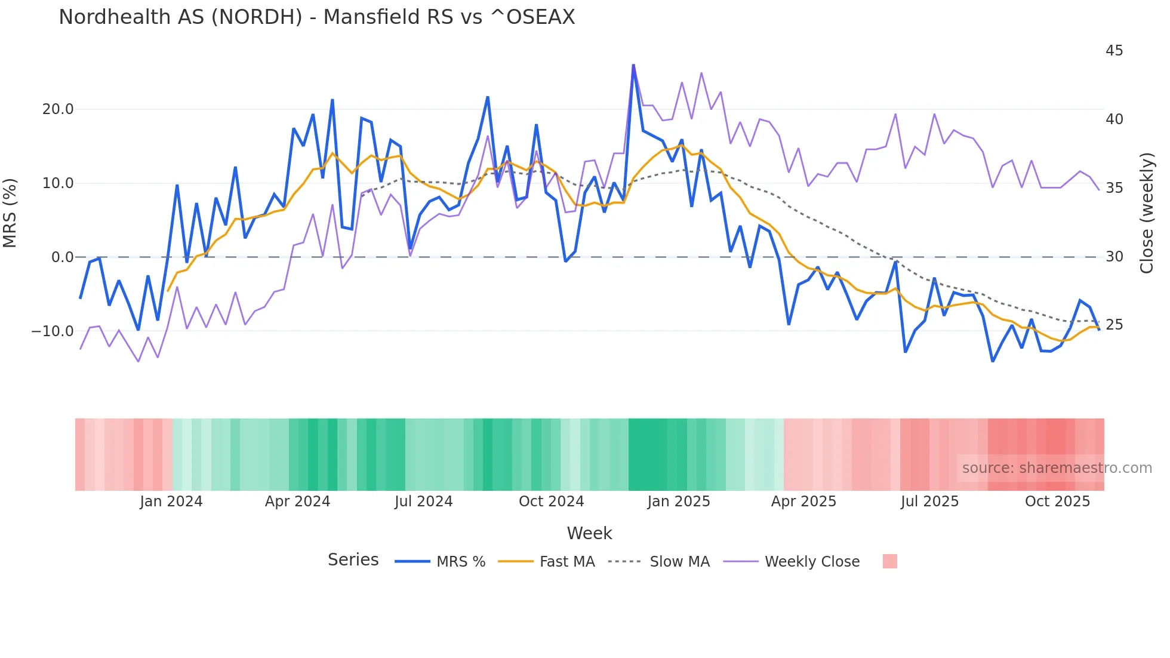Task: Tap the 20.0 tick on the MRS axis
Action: point(58,109)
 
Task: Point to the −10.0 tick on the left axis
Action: point(53,331)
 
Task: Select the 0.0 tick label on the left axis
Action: point(63,257)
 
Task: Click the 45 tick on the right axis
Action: point(1114,51)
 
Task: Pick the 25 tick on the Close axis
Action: point(1114,325)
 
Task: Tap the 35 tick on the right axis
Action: point(1114,188)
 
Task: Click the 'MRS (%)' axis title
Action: point(10,213)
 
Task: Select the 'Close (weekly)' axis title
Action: point(1146,213)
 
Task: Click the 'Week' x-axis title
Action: point(589,533)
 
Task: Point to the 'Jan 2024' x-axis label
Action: point(171,502)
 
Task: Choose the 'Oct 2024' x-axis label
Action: point(551,502)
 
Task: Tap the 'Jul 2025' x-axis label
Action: point(929,502)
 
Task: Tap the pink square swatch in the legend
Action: point(889,561)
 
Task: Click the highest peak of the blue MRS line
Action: point(633,65)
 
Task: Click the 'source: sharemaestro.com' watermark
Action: point(1057,468)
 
